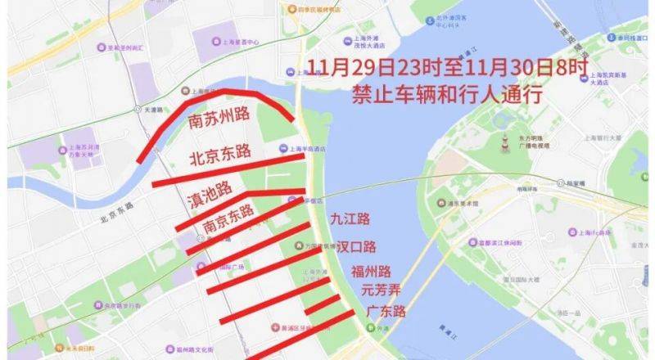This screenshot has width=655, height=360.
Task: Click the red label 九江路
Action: pos(350,218)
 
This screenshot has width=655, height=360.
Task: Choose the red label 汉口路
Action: pos(357,246)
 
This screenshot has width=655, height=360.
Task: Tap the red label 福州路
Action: pos(371,272)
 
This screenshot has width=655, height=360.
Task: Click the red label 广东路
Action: pos(386,312)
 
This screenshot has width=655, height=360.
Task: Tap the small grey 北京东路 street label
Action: pos(115,219)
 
